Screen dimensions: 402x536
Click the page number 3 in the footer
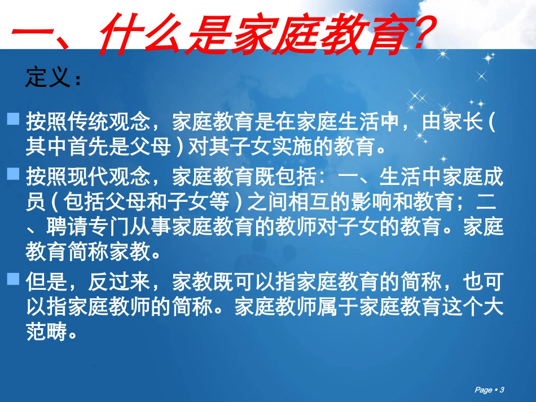coord(502,390)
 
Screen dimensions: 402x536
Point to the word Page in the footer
coord(484,390)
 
